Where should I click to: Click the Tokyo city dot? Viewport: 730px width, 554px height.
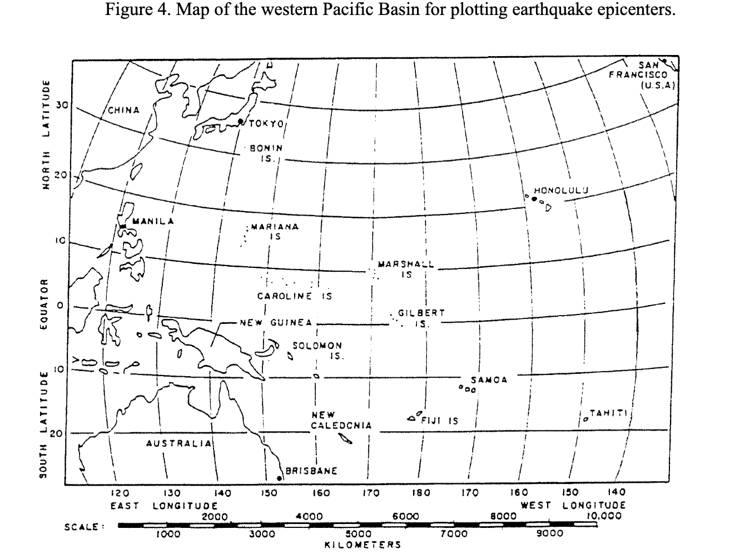click(240, 121)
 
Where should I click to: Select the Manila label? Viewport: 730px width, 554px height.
click(153, 221)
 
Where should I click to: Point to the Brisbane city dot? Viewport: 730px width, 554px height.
click(279, 477)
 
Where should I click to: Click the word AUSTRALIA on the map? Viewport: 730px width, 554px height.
click(178, 443)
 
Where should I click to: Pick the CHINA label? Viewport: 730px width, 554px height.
click(123, 110)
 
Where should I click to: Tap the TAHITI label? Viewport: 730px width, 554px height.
click(608, 413)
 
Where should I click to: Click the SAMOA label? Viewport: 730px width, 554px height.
click(489, 380)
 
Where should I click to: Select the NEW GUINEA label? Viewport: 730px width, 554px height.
click(276, 322)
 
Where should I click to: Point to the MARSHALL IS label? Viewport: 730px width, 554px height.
click(406, 268)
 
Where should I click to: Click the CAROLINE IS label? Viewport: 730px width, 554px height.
click(295, 296)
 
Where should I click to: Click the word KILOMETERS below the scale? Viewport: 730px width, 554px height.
click(362, 544)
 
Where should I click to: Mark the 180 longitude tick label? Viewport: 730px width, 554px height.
click(420, 492)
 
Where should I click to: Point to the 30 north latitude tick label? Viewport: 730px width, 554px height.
click(61, 105)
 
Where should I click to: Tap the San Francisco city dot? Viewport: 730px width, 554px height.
click(664, 61)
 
